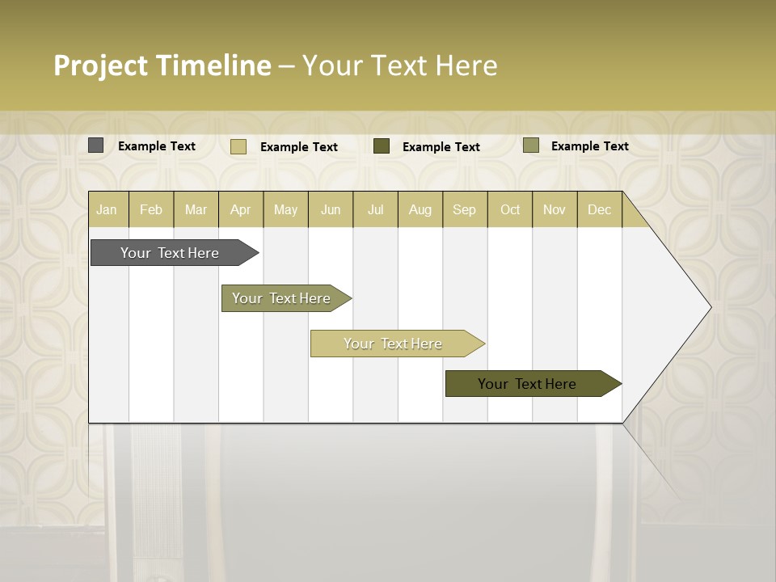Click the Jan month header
pyautogui.click(x=108, y=209)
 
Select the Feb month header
pyautogui.click(x=151, y=209)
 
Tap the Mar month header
pyautogui.click(x=196, y=209)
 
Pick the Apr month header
pyautogui.click(x=241, y=209)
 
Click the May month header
pyautogui.click(x=285, y=209)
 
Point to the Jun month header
pyautogui.click(x=331, y=209)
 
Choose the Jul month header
pyautogui.click(x=375, y=209)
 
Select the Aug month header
pyautogui.click(x=420, y=209)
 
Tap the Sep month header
pyautogui.click(x=465, y=209)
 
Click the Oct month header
pyautogui.click(x=510, y=209)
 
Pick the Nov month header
pyautogui.click(x=555, y=209)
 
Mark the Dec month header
pyautogui.click(x=599, y=209)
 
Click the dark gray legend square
pyautogui.click(x=96, y=145)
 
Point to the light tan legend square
pyautogui.click(x=238, y=146)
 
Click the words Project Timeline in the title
pyautogui.click(x=162, y=65)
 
